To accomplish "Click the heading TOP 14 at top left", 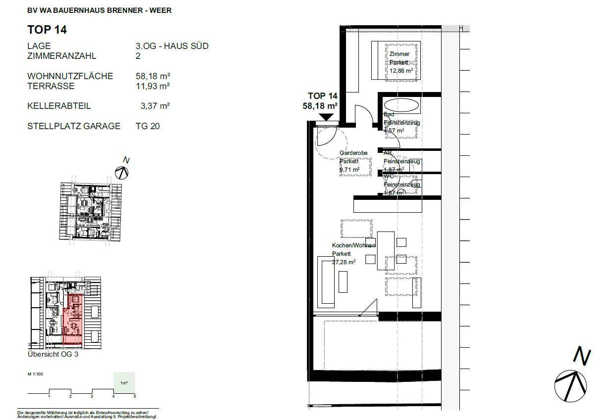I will click(47, 30).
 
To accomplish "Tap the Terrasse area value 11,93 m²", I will click(153, 86).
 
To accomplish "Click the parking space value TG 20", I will click(148, 126).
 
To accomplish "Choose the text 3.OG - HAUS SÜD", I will click(172, 46).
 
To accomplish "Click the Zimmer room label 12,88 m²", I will click(400, 70).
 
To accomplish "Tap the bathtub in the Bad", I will click(401, 105).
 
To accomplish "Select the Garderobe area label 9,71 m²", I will click(349, 170).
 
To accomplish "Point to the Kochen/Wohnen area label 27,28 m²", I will click(344, 262).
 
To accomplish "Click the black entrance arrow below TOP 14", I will click(326, 117).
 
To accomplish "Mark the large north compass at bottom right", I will click(570, 384).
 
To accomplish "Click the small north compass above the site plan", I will click(122, 172).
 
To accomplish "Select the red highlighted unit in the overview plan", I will click(73, 319).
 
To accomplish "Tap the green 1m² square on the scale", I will click(124, 382).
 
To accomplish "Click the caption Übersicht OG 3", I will click(53, 354).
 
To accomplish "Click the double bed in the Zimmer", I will click(396, 60).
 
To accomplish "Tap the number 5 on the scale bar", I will click(135, 396).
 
